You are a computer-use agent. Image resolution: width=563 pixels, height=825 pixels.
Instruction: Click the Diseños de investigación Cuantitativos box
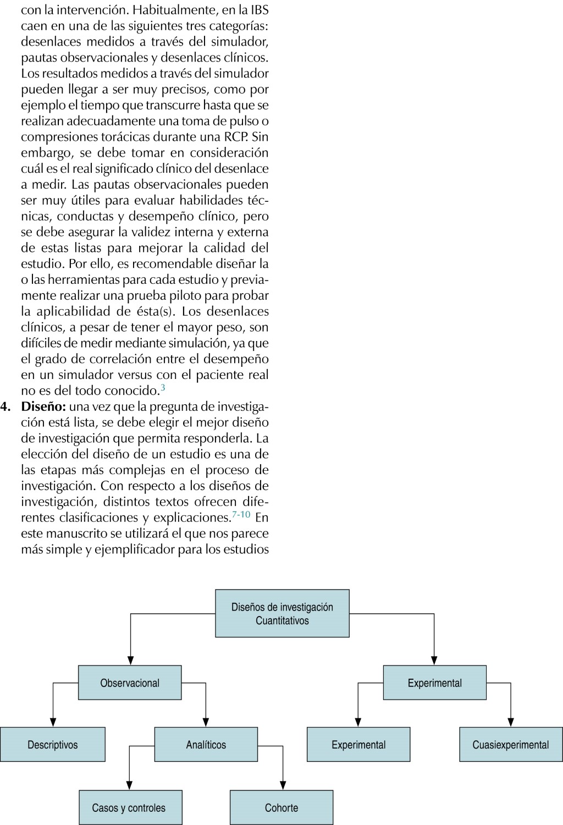tap(282, 613)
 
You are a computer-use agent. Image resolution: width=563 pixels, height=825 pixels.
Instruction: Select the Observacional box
tap(130, 683)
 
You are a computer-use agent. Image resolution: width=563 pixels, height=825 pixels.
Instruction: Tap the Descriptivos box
tap(53, 745)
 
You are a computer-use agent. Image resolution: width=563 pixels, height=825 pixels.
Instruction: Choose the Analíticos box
tap(206, 745)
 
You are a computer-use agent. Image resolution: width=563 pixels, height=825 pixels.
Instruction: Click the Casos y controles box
tap(130, 807)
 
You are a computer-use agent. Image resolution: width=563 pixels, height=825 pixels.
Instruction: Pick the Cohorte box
tap(281, 807)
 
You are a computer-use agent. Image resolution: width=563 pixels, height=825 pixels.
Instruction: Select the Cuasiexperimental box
tap(511, 745)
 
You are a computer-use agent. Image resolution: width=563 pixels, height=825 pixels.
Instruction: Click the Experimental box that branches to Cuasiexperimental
tap(434, 683)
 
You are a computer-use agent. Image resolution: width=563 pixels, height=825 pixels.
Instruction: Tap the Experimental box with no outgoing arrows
tap(358, 745)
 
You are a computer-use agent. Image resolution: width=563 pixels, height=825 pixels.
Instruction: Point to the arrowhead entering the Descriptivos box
tap(53, 723)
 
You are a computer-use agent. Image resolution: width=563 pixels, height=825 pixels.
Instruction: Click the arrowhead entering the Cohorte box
tap(283, 786)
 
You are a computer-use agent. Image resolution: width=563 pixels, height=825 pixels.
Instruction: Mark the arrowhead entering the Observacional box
tap(130, 661)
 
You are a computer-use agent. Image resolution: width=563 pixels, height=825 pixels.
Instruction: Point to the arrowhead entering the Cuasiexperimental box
tap(511, 723)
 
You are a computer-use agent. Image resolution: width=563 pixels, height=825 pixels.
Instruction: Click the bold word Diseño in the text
tap(43, 407)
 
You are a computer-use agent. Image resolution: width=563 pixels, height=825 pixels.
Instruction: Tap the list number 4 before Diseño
tap(5, 407)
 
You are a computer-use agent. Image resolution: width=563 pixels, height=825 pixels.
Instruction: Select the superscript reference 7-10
tap(241, 515)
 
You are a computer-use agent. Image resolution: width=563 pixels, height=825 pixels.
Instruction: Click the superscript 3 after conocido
tap(163, 388)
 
